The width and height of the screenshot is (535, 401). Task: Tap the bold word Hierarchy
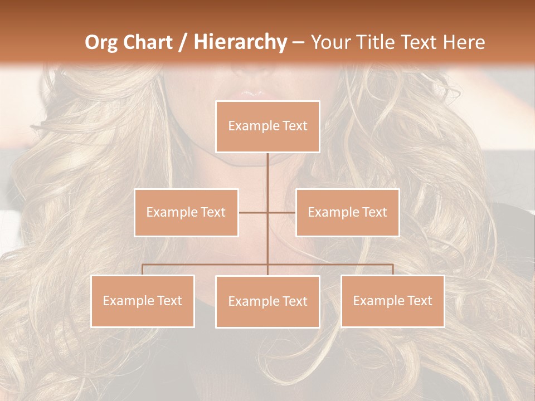coord(240,42)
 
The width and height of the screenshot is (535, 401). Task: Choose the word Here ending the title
coord(463,42)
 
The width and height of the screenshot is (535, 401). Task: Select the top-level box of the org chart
coord(267,126)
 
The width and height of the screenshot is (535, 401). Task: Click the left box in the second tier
coord(186,212)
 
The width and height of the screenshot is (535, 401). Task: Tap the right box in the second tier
coord(347,212)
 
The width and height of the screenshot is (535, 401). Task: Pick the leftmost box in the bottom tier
coord(143,301)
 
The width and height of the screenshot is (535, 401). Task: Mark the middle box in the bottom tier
coord(267,301)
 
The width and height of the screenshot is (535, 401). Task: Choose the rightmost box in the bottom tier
coord(392,301)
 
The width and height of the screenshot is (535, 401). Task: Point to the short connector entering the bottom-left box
coord(143,270)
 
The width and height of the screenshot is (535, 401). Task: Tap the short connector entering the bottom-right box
coord(393,270)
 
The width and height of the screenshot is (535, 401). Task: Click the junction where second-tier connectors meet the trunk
coord(267,212)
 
